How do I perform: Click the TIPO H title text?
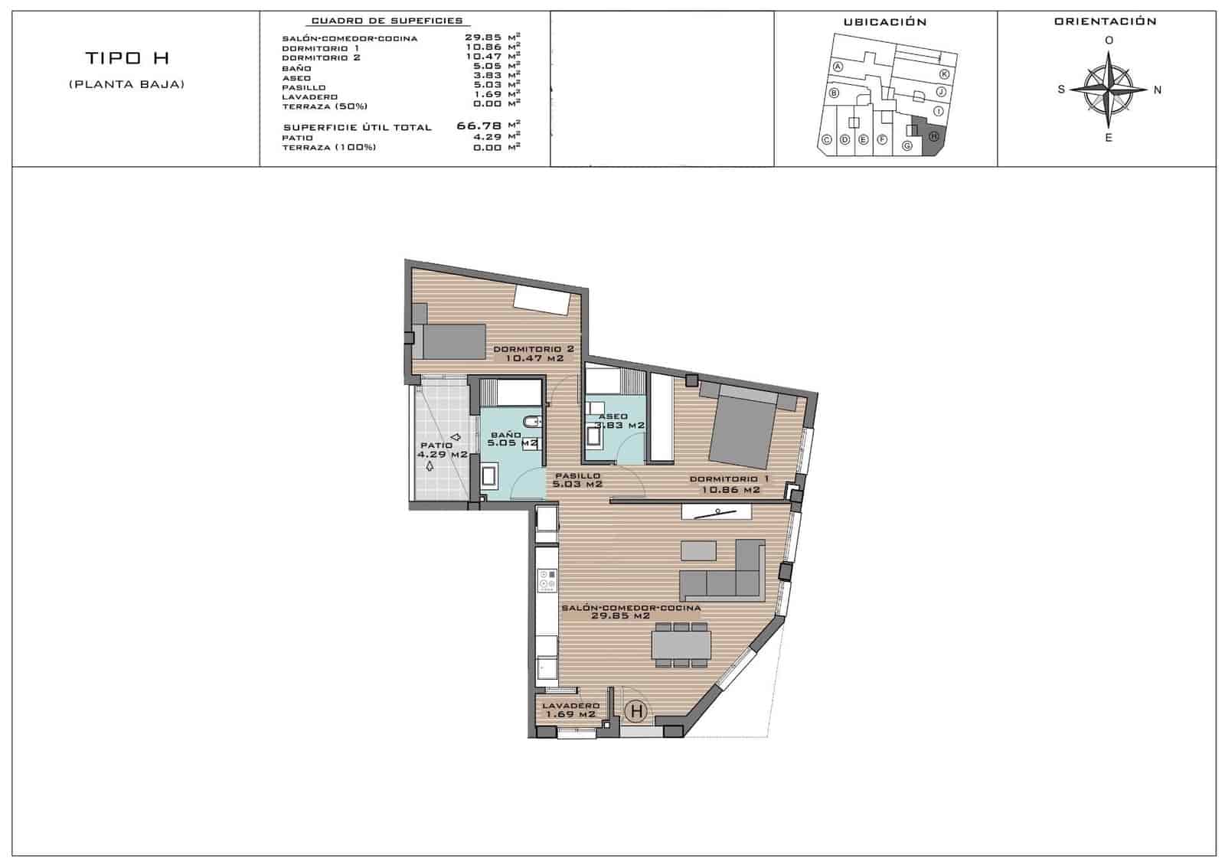click(127, 58)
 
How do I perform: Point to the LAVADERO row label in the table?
click(309, 97)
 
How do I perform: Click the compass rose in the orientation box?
click(1108, 90)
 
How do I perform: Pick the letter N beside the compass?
click(1158, 90)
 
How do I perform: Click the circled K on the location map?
click(944, 73)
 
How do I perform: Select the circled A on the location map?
click(838, 67)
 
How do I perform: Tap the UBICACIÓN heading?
click(884, 22)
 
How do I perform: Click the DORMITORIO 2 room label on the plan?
click(534, 353)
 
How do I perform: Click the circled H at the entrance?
click(635, 711)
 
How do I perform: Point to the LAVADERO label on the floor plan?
click(570, 710)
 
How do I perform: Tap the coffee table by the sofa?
click(697, 550)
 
